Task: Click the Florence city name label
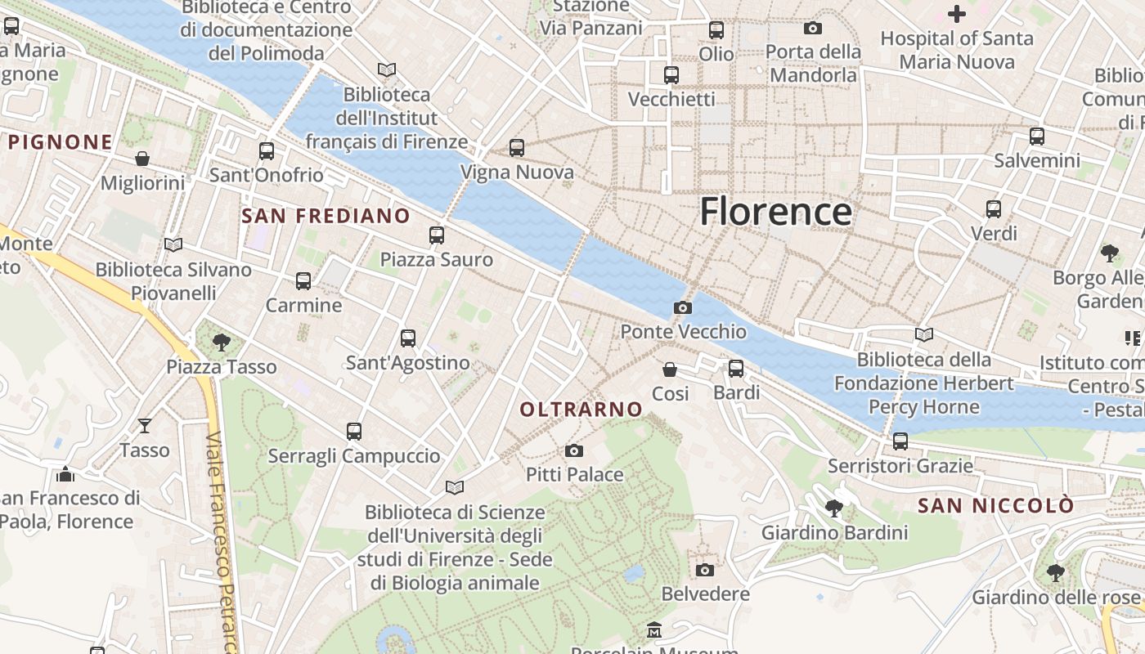775,212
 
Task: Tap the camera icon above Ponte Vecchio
682,307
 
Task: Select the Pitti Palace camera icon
574,450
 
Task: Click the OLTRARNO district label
581,410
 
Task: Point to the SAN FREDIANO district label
326,216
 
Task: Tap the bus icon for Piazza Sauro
437,235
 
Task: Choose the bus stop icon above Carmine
303,281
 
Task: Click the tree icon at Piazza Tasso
221,342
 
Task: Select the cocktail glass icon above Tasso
145,425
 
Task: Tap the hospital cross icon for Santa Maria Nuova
956,14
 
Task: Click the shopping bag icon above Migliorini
142,158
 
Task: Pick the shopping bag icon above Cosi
670,370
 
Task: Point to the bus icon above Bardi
736,369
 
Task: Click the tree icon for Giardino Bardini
834,508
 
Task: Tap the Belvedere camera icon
705,570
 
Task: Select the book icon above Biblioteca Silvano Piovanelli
173,244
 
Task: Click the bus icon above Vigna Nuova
517,148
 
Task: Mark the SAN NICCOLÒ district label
995,506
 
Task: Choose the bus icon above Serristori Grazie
900,441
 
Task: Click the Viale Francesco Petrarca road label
224,540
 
